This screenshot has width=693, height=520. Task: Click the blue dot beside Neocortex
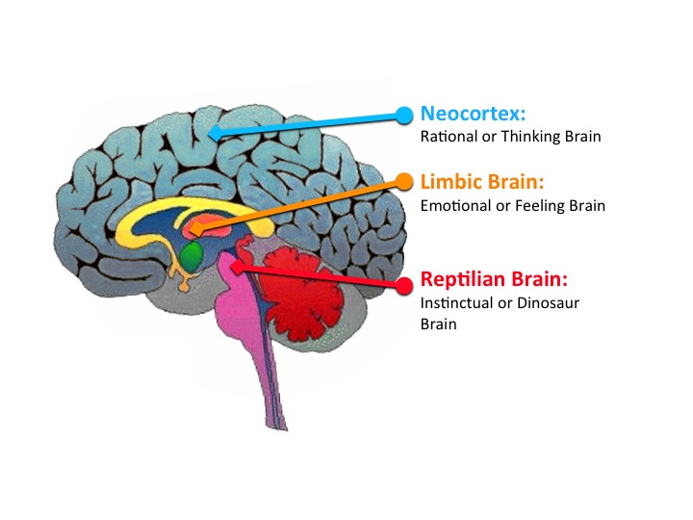(x=405, y=115)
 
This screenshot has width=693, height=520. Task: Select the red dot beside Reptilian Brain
(x=404, y=283)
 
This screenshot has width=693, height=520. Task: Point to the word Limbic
(x=448, y=182)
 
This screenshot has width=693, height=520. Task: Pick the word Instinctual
(x=458, y=303)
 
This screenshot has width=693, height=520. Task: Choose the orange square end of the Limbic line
(x=196, y=230)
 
